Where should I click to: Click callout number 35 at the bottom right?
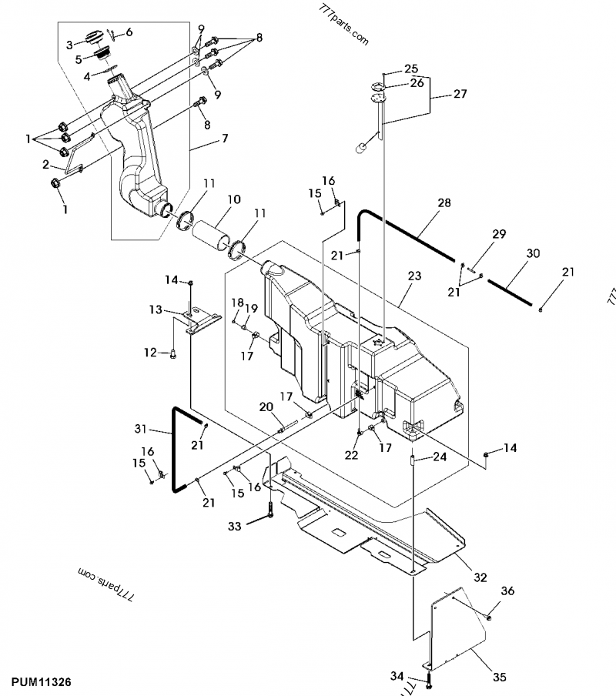coord(499,677)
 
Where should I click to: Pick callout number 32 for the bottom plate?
coord(480,576)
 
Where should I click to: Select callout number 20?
coord(265,407)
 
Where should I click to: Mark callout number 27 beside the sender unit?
coord(460,95)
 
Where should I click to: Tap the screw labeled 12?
coord(173,353)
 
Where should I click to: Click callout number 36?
coord(507,591)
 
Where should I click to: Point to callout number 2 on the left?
coord(45,164)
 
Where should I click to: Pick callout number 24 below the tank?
coord(439,456)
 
